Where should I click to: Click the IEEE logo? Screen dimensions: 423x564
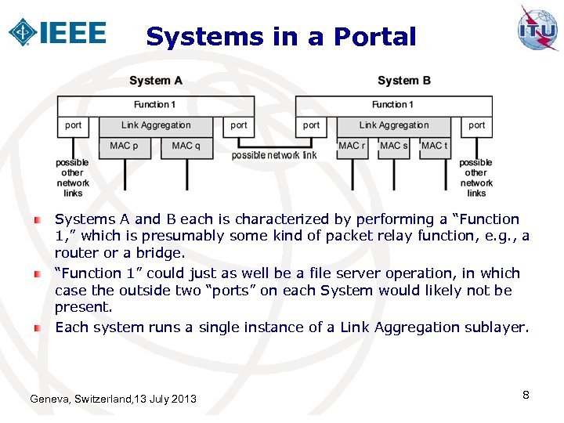point(56,32)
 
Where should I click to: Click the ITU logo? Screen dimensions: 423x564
point(537,29)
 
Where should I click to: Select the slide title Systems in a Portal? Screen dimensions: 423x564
point(281,37)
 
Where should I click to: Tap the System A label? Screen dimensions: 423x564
point(156,81)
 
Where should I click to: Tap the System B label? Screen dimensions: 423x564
point(403,81)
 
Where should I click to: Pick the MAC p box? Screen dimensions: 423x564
point(125,146)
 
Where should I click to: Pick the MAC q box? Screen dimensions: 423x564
point(186,146)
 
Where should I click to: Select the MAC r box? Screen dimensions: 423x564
point(352,146)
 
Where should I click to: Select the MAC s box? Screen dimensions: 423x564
point(393,146)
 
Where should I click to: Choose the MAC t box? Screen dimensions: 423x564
point(435,146)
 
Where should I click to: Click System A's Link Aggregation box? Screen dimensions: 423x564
point(156,125)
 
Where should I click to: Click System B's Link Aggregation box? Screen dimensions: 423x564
point(394,125)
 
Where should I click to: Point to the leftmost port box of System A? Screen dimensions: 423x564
point(73,125)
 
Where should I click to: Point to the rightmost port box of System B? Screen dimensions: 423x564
point(476,125)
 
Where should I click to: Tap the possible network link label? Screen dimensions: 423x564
point(274,156)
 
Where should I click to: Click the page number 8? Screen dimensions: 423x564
point(526,395)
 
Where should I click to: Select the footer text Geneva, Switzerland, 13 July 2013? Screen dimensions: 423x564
point(113,399)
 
